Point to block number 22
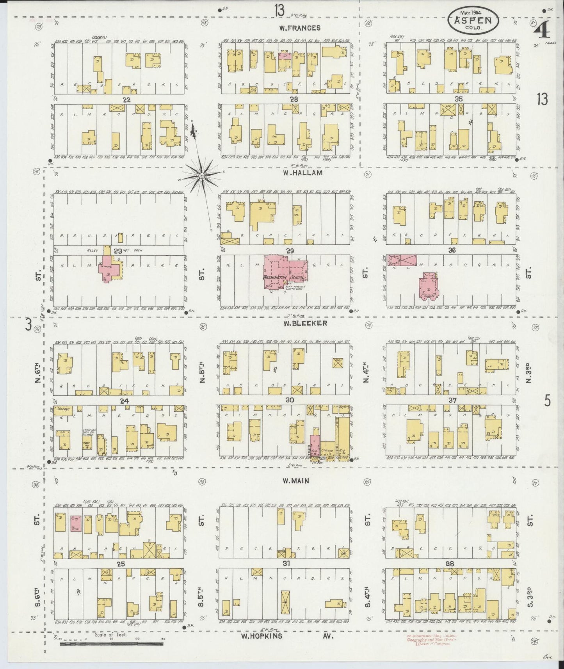point(126,100)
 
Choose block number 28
point(294,100)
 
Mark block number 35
point(459,100)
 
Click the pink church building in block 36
point(429,287)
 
